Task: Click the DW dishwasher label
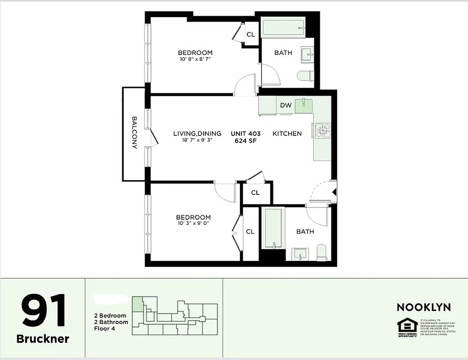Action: [286, 105]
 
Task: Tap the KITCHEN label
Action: [287, 134]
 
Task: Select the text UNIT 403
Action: [245, 134]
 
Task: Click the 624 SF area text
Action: [245, 141]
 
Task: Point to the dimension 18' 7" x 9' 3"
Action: [197, 140]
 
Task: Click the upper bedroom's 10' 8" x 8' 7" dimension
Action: [195, 59]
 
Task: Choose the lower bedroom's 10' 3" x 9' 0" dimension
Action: [193, 223]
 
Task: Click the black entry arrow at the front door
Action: [334, 192]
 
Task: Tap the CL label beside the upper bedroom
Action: [250, 34]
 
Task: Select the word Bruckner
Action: [43, 339]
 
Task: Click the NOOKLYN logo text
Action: [423, 307]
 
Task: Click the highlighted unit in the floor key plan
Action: [136, 304]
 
